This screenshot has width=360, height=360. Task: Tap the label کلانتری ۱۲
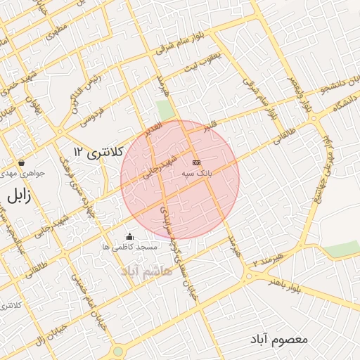[98, 151]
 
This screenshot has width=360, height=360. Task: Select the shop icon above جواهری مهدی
[22, 162]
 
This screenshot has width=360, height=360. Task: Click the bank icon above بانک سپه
[195, 162]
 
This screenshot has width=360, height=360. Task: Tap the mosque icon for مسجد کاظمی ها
[129, 237]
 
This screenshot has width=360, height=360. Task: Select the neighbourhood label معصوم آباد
[278, 339]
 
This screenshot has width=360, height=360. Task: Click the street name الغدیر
[153, 128]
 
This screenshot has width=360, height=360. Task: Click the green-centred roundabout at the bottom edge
[117, 351]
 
